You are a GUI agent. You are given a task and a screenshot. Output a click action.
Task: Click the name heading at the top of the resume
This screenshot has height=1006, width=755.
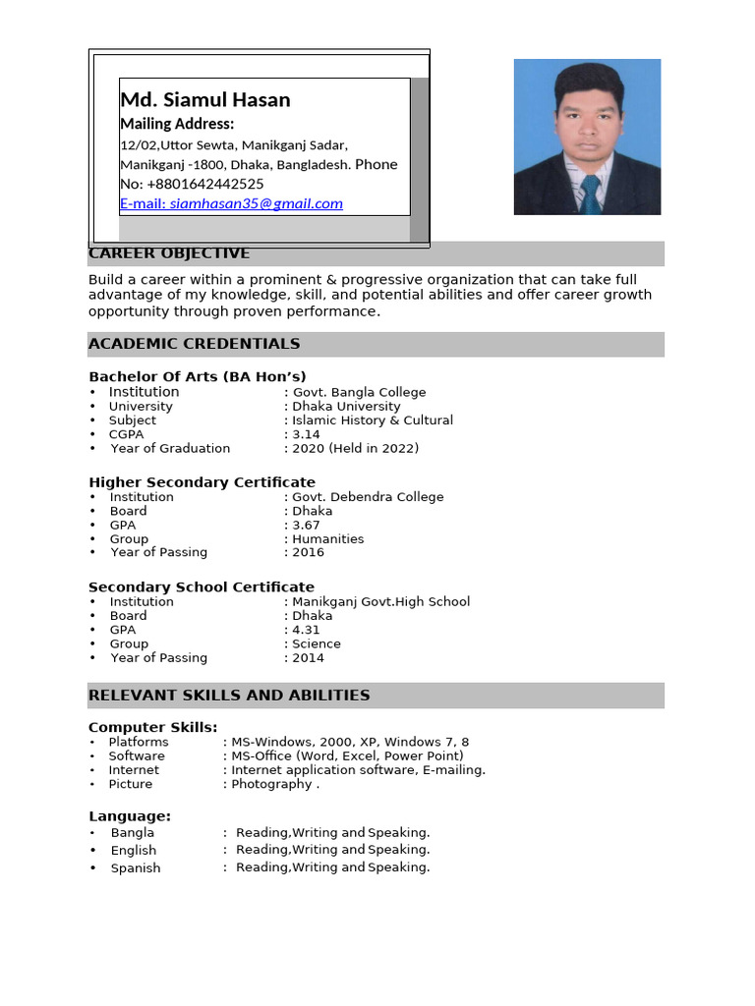[x=204, y=100]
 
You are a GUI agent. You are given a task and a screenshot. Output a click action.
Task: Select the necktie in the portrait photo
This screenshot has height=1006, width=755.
[x=590, y=194]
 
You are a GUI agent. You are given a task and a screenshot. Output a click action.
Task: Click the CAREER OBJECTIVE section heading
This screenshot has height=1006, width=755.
[x=169, y=253]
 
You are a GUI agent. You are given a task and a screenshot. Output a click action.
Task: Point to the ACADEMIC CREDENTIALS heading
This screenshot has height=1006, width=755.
[x=194, y=344]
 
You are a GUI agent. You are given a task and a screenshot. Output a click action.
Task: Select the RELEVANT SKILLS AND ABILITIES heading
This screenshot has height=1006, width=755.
[x=229, y=695]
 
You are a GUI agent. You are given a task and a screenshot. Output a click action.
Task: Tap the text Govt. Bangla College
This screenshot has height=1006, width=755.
[x=359, y=392]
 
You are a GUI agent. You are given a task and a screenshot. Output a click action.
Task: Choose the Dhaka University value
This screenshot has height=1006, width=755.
[x=346, y=406]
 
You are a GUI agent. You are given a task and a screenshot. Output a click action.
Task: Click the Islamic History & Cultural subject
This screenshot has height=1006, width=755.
[x=372, y=419]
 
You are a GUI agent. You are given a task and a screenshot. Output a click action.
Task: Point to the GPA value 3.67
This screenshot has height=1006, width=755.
[x=306, y=525]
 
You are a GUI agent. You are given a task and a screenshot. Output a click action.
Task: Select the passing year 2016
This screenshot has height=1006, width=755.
[x=308, y=552]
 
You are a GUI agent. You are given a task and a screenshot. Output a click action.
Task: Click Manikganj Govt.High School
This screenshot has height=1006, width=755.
[x=380, y=601]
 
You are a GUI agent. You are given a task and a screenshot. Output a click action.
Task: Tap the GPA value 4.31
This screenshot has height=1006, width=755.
[x=306, y=630]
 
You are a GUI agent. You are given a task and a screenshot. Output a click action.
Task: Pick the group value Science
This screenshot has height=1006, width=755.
[x=317, y=643]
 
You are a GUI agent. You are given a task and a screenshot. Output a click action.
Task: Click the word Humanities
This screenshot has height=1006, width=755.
[x=327, y=538]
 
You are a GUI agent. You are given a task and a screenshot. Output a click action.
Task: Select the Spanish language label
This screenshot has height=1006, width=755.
[x=136, y=868]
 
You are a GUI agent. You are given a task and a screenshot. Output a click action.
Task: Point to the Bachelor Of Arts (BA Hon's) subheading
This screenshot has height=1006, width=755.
[x=198, y=376]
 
